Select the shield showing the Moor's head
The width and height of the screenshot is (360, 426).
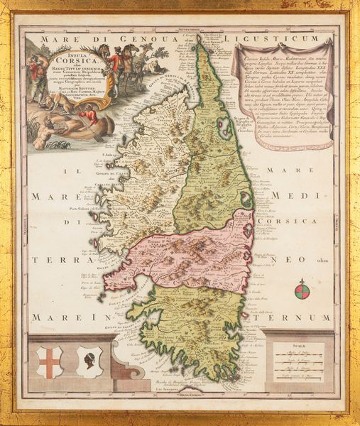click(89, 361)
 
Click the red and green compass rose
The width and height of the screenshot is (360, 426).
click(302, 289)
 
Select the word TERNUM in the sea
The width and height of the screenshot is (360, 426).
click(299, 317)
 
